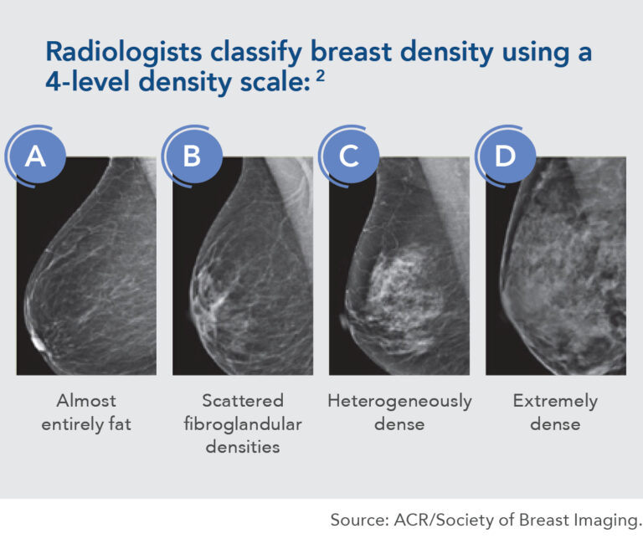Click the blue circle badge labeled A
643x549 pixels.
(35, 156)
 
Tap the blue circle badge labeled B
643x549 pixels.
(192, 156)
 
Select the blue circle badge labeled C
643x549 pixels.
(348, 156)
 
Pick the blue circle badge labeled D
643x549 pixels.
(505, 156)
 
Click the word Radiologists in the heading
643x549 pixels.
(124, 52)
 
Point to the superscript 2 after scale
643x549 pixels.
(321, 77)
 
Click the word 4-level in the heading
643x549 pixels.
(89, 81)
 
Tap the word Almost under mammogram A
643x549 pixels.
(86, 401)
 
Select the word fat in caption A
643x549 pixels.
(120, 423)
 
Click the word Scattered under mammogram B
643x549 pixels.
(243, 401)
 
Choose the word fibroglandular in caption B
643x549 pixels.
(243, 424)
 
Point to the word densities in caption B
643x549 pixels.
(243, 447)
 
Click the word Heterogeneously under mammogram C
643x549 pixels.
(399, 402)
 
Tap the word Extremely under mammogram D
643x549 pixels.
(555, 402)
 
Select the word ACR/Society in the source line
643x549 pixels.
(444, 521)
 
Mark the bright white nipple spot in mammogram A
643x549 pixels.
(39, 342)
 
